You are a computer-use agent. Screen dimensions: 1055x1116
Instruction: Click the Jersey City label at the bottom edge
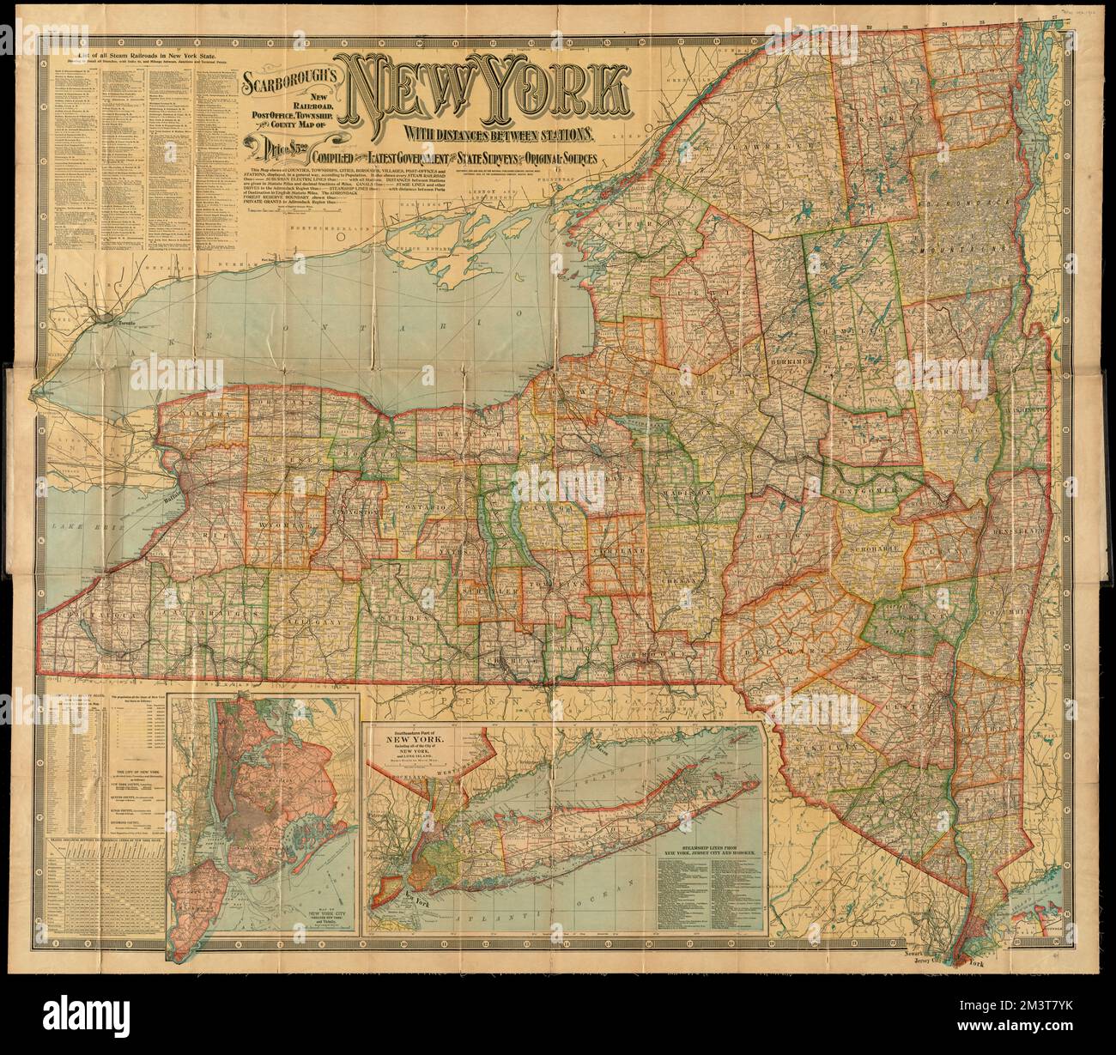[913, 963]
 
